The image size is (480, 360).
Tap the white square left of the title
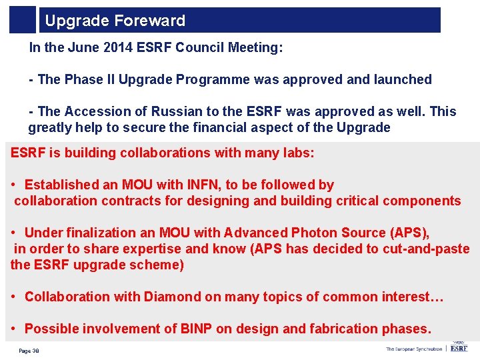click(23, 20)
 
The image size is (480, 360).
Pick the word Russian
click(179, 111)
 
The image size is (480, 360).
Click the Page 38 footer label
click(29, 351)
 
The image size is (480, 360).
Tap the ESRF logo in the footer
click(459, 347)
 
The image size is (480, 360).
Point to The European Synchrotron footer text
click(413, 349)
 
